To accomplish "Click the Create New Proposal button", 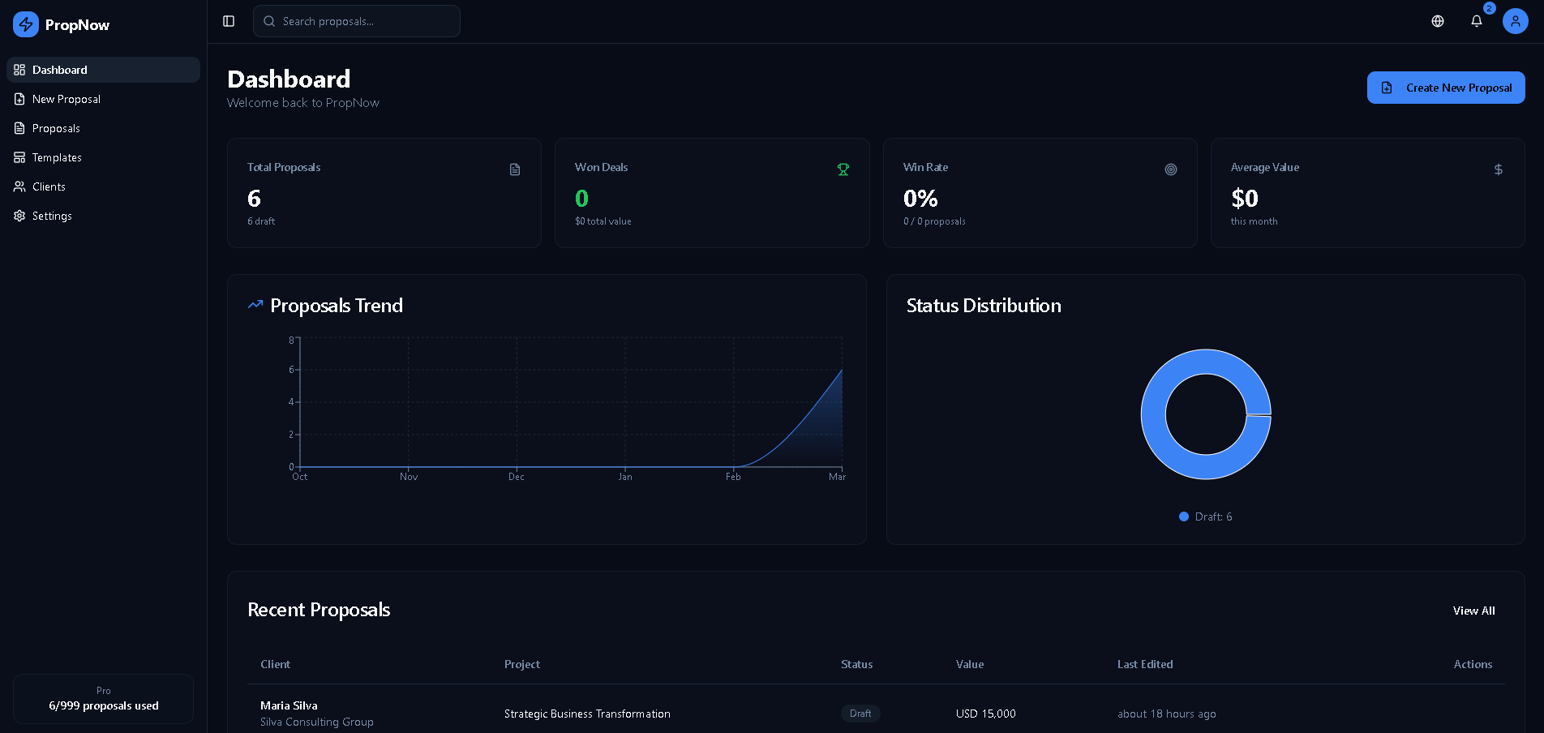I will point(1445,88).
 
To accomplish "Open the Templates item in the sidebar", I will point(57,157).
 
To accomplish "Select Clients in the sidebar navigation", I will point(49,186).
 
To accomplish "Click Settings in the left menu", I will point(52,216).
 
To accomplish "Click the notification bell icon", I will point(1477,21).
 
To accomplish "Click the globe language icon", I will point(1438,21).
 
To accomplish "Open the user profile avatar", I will point(1515,21).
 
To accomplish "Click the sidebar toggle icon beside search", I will point(229,21).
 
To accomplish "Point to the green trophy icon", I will point(843,169).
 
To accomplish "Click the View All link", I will point(1473,611).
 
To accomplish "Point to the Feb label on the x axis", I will point(733,477).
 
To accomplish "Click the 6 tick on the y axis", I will point(292,370).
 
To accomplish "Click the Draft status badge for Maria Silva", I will point(860,714).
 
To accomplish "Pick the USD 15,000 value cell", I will point(985,714).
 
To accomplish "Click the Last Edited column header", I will point(1145,664).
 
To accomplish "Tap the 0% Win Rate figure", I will point(920,199).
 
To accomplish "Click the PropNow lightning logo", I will point(26,24).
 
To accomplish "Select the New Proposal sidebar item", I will point(66,99).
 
